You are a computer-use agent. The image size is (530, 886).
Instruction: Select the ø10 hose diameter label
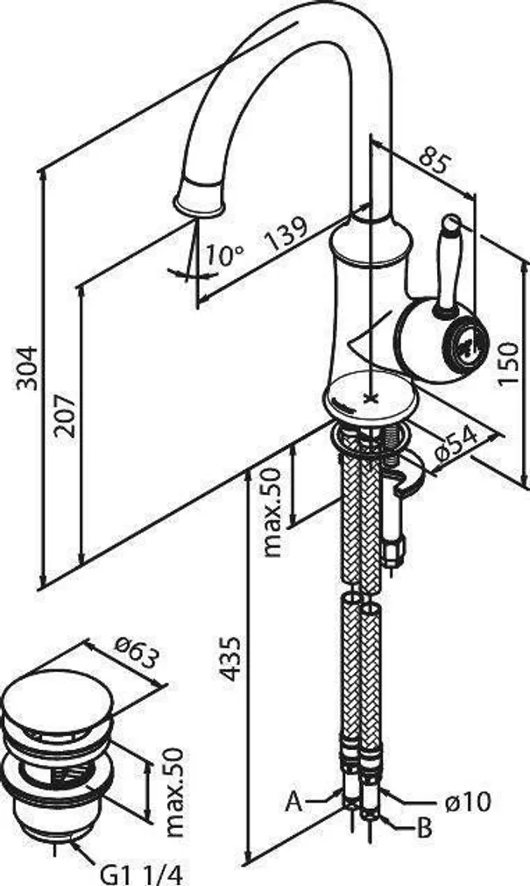point(463,800)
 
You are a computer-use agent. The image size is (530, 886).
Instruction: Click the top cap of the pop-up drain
point(58,697)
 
